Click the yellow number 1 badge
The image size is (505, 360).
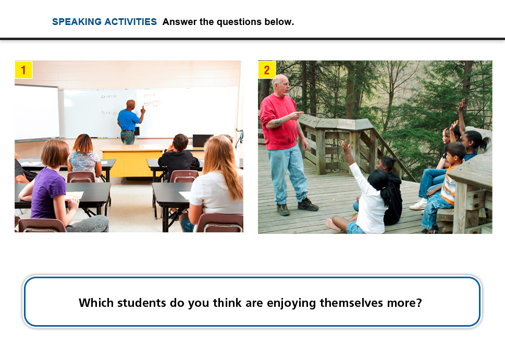click(23, 70)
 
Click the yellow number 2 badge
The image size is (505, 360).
click(267, 70)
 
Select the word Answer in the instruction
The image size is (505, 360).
click(180, 22)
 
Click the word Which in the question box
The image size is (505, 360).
click(96, 303)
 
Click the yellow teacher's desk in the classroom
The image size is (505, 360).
click(132, 161)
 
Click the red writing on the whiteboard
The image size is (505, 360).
click(151, 101)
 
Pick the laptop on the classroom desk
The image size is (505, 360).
click(202, 141)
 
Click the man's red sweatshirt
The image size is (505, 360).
click(279, 122)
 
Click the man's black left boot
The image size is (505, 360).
click(307, 204)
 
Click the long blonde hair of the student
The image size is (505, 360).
click(222, 166)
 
